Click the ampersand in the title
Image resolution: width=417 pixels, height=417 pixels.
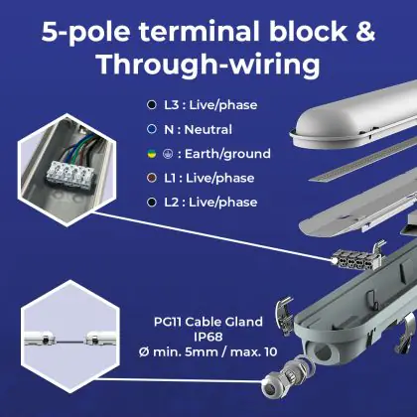365,32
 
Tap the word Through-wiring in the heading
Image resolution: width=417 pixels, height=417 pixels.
208,65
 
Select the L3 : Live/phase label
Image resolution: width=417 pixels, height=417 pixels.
210,105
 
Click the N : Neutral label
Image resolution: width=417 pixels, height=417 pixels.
198,129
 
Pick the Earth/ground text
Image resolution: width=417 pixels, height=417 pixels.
227,154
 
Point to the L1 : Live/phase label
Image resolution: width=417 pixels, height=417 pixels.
209,178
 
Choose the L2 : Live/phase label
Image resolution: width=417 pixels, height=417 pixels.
210,203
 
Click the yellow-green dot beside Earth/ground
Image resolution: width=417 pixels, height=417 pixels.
152,154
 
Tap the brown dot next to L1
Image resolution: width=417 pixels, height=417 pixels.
152,178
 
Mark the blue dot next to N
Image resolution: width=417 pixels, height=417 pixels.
152,129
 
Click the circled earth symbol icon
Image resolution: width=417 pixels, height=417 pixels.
168,154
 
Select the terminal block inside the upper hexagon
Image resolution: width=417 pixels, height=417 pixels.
70,174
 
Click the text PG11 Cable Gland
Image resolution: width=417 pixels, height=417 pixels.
208,322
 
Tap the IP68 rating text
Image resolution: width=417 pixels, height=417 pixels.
208,337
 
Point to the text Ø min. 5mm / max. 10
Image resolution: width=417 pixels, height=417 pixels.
208,351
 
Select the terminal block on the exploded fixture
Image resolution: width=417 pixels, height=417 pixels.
356,259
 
